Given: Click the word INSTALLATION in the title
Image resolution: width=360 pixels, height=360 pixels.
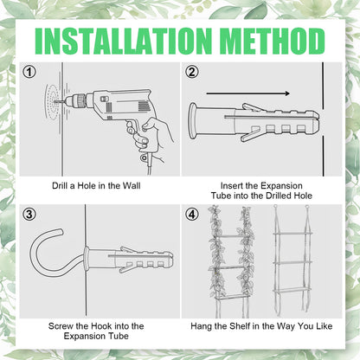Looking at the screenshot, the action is [123, 42].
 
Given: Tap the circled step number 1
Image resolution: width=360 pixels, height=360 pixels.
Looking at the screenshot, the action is [29, 72].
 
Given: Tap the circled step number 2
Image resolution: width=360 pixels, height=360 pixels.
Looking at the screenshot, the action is [192, 72].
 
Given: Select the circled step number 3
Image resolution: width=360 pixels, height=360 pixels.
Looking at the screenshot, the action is [29, 215].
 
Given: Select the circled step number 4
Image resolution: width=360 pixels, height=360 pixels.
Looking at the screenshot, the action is [192, 215].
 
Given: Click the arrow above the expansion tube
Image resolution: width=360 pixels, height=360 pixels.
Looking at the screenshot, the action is [247, 93].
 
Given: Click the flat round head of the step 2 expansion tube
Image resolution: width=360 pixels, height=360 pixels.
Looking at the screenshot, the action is [193, 121].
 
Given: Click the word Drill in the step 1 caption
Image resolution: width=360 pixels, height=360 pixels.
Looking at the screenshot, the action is [60, 185].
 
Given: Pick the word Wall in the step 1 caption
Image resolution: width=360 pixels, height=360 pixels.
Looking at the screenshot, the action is [132, 185].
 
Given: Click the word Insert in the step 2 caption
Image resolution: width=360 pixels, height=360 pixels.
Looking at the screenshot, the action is [230, 185].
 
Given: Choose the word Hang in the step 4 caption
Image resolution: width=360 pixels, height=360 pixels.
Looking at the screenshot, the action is [201, 326].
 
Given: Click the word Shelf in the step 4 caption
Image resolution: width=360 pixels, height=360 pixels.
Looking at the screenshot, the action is [240, 326].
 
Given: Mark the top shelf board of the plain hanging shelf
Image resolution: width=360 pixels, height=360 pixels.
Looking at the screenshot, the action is [292, 233].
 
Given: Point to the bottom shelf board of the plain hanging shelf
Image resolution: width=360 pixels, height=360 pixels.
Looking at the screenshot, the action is [292, 289].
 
